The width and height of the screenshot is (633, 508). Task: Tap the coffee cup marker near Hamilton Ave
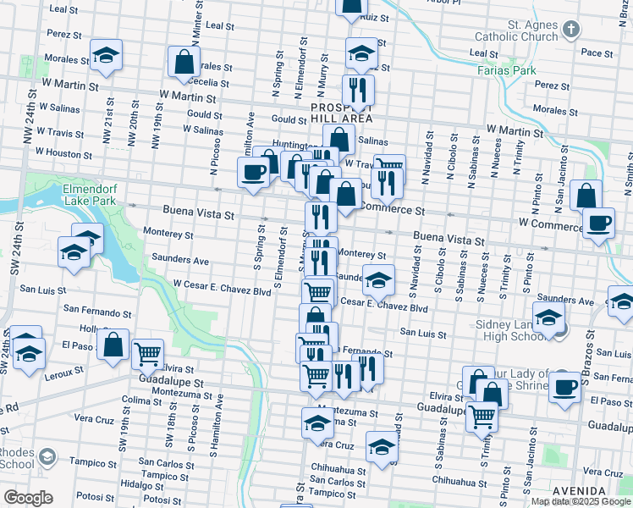tap(253, 174)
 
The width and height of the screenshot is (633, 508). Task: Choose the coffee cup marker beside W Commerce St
tap(598, 223)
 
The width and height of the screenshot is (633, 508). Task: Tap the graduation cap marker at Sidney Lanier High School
tap(549, 318)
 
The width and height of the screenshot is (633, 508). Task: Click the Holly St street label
tap(89, 329)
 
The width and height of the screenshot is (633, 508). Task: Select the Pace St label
tap(597, 52)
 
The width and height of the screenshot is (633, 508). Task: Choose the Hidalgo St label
tap(141, 484)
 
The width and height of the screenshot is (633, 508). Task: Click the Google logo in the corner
tap(28, 498)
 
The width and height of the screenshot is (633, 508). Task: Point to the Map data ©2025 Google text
tap(581, 501)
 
